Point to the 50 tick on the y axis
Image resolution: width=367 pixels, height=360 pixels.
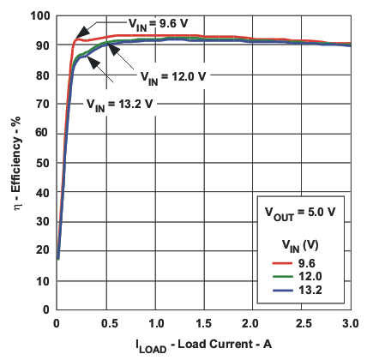[x=41, y=162]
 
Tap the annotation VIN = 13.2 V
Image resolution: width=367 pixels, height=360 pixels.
[x=121, y=103]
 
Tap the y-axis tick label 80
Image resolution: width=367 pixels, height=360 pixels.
[x=41, y=75]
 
